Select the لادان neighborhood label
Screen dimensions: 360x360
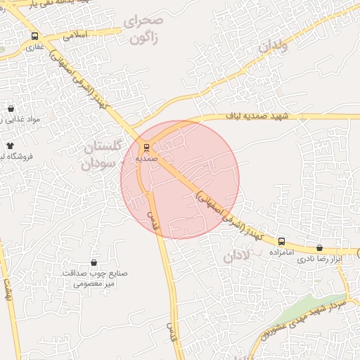(237, 256)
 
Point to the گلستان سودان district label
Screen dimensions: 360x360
(102, 155)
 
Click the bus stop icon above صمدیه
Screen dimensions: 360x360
(146, 148)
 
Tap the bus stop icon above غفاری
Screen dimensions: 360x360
(34, 37)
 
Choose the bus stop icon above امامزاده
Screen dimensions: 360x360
(281, 241)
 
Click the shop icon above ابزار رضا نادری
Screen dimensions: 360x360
(321, 247)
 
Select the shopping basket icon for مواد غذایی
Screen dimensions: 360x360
(11, 109)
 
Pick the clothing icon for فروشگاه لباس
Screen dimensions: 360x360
(10, 145)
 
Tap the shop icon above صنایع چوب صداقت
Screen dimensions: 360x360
(94, 262)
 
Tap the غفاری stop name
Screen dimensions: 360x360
(34, 48)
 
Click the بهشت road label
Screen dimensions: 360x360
(8, 288)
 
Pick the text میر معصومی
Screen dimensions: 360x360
(94, 285)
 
